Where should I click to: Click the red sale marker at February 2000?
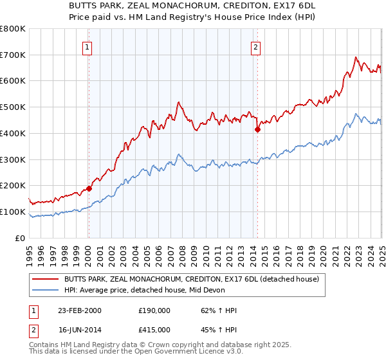tap(89, 188)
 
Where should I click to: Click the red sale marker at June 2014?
tap(257, 129)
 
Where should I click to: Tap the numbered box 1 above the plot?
tap(86, 46)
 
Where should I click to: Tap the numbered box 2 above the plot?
tap(256, 46)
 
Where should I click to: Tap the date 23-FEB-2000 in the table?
tap(80, 310)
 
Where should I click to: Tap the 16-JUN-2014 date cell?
tap(80, 331)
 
